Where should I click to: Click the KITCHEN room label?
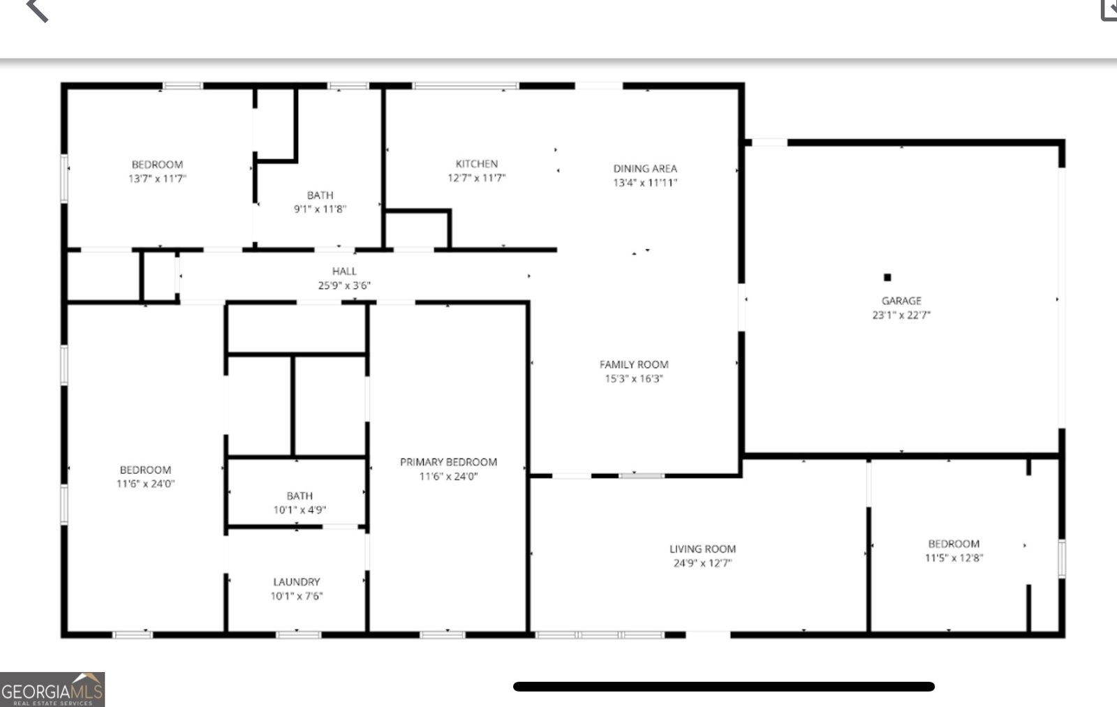477,164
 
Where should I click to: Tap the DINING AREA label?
645,168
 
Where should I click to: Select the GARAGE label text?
901,301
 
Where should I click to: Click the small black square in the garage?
887,277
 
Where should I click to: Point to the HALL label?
344,271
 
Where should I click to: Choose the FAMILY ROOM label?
634,364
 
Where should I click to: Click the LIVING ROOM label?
702,549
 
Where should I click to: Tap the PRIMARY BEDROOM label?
448,462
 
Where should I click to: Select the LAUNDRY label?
297,582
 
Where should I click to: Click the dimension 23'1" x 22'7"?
901,315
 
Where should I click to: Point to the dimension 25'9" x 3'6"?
344,285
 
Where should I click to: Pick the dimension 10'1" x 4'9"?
299,510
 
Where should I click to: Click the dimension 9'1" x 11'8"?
320,209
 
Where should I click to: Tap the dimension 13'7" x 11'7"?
157,179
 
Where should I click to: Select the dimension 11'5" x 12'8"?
954,558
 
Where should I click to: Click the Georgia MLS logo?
52,690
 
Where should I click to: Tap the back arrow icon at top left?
37,10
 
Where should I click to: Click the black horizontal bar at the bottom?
723,687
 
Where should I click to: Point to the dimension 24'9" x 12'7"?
702,563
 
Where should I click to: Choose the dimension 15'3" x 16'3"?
634,379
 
